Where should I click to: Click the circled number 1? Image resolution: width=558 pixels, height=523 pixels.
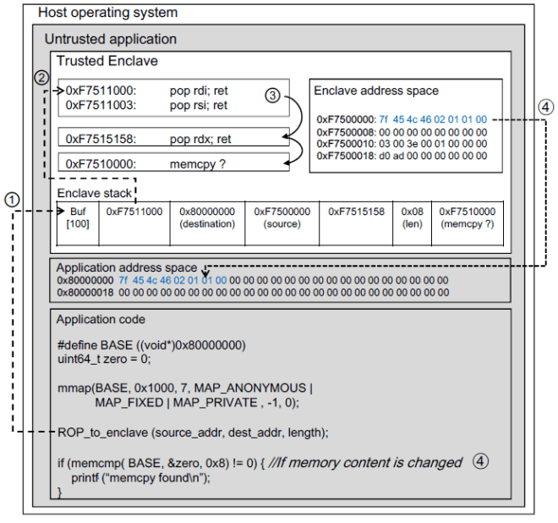click(10, 200)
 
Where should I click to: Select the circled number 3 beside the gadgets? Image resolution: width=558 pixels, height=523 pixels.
click(271, 96)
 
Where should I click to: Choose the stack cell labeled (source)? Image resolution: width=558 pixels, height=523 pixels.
click(282, 217)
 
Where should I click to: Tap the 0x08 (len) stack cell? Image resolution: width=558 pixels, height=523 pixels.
click(412, 217)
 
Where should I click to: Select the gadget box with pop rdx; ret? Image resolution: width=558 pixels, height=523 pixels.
click(173, 137)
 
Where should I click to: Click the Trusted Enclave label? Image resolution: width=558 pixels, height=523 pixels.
click(107, 61)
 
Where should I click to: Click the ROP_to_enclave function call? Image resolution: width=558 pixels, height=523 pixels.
click(192, 432)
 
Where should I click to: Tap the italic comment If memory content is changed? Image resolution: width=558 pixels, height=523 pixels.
click(373, 462)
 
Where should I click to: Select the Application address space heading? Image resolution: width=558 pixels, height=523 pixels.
click(126, 267)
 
